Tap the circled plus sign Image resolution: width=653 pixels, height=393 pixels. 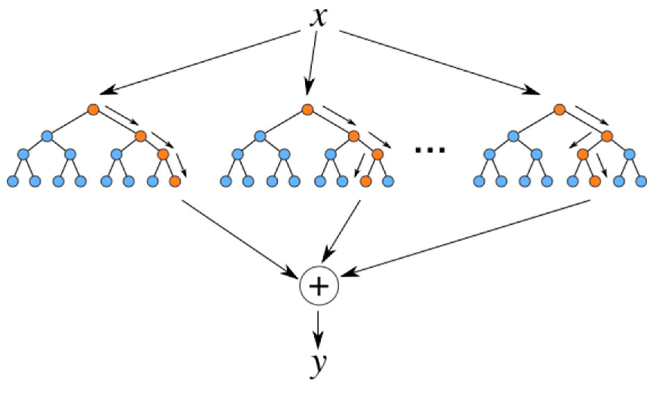(319, 286)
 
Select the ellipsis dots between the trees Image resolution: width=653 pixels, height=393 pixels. (430, 150)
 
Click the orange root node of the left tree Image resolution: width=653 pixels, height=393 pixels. (93, 110)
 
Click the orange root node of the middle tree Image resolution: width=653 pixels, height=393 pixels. (307, 110)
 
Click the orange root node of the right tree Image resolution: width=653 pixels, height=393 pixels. (560, 110)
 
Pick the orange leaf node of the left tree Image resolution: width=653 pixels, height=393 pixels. (175, 181)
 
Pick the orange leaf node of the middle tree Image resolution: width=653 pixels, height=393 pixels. (366, 181)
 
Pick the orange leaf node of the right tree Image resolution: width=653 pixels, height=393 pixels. (595, 181)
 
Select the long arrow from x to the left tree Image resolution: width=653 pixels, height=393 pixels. (199, 63)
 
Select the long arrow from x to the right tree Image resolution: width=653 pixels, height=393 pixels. (440, 63)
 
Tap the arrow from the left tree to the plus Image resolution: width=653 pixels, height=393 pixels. (239, 239)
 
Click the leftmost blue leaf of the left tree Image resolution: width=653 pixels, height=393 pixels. (13, 181)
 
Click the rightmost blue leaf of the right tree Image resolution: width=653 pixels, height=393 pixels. (641, 181)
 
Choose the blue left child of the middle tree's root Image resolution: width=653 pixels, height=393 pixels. (260, 136)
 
